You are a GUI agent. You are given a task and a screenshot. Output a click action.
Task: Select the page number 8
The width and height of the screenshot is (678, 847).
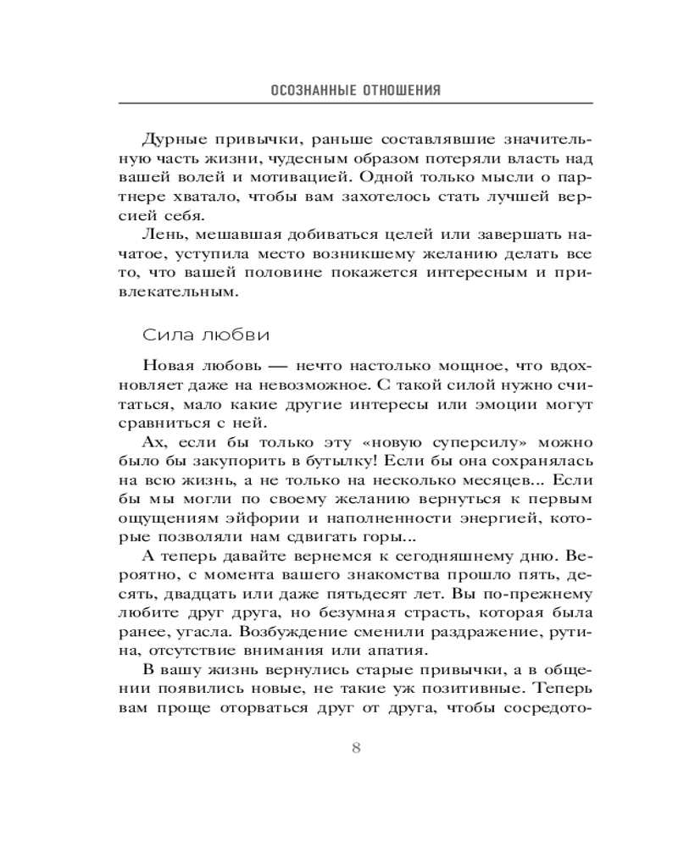coord(356,748)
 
